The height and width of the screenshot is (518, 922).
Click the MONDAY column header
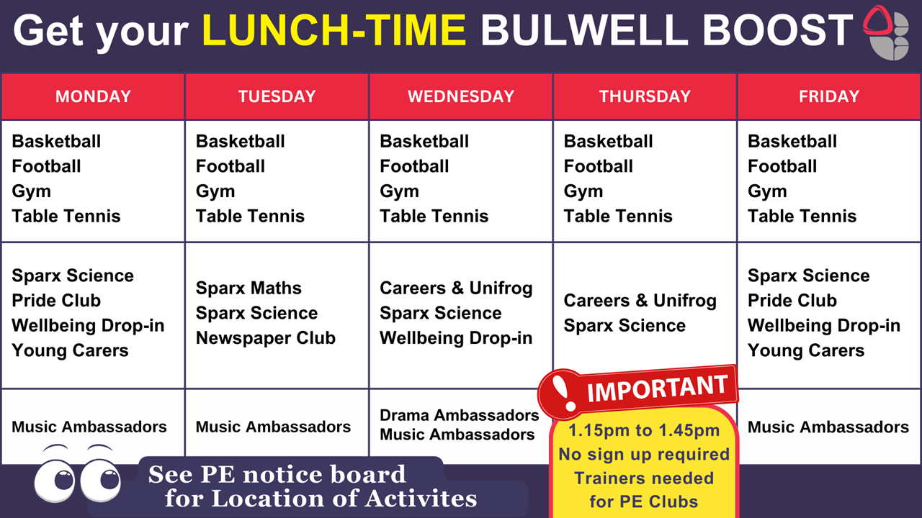pos(93,96)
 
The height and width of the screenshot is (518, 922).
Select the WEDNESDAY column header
pos(461,96)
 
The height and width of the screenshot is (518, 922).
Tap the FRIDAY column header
pos(829,96)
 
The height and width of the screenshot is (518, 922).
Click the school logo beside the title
pos(886,33)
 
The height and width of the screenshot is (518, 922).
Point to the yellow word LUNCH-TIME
pos(334,30)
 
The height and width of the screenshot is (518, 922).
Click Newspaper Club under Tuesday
pos(266,338)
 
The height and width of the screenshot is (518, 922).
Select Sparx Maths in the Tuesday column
pos(249,288)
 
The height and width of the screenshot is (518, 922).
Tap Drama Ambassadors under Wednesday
pos(460,415)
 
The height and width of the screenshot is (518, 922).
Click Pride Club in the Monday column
pos(56,301)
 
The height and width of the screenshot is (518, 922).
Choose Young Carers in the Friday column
pos(806,350)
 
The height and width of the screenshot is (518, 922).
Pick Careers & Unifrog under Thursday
pos(640,301)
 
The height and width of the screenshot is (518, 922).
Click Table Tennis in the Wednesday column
pos(434,217)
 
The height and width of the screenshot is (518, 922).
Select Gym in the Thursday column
pos(583,191)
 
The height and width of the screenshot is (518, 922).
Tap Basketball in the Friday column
pos(792,142)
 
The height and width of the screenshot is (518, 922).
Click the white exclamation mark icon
pos(563,393)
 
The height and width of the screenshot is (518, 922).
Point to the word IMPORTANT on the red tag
pos(658,388)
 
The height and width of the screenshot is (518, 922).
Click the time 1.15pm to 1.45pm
pos(644,430)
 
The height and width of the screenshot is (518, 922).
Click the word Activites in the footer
pos(420,499)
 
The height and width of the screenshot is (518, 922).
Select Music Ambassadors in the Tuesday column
pos(273,427)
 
